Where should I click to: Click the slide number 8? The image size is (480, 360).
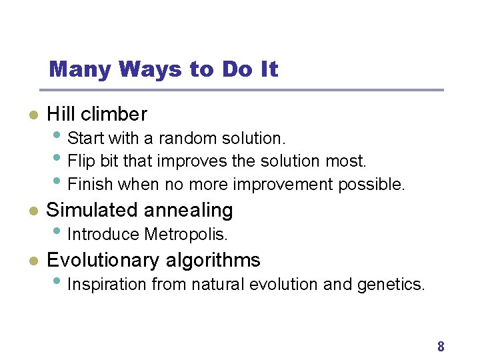(x=441, y=346)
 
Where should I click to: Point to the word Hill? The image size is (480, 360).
(x=61, y=115)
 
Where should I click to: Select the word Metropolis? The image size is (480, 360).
(x=186, y=235)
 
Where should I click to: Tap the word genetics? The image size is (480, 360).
(x=391, y=285)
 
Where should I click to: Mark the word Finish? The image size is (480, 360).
(x=87, y=184)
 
